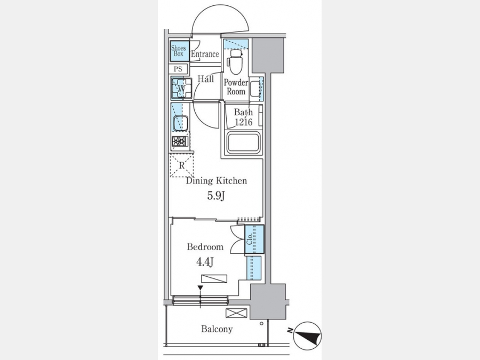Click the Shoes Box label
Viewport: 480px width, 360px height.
179,51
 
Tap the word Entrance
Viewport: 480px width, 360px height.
205,54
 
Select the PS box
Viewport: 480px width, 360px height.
178,69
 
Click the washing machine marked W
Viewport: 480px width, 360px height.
181,89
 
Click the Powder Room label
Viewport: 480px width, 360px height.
236,87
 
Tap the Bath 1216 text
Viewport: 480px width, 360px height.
243,117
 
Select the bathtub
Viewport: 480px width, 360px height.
243,142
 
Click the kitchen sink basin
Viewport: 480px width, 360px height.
180,123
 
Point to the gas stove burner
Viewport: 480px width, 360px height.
180,141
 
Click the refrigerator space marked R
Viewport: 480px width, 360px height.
181,165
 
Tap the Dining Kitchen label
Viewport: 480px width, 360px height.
217,181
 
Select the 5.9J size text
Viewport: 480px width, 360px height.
216,195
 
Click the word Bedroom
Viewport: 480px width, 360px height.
205,247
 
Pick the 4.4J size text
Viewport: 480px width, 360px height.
204,262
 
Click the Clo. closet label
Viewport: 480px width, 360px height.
249,239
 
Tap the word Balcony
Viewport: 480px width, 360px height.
217,329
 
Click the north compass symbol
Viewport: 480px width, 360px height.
307,336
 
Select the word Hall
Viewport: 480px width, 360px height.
206,79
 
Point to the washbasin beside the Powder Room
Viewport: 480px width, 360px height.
255,89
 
